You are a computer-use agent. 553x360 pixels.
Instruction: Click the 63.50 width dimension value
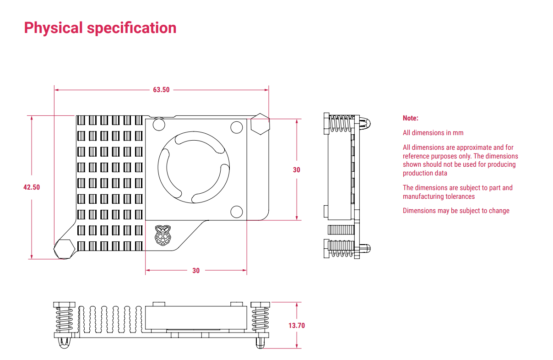click(x=161, y=90)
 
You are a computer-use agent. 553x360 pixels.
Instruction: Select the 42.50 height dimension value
click(x=32, y=187)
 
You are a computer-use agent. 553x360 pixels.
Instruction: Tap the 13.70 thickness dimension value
click(x=296, y=326)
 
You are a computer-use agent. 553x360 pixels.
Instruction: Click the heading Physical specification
click(x=100, y=28)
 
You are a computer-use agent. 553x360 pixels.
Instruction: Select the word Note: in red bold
click(x=410, y=118)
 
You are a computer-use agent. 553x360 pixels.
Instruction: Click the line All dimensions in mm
click(x=433, y=133)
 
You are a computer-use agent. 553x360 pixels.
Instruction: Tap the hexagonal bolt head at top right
click(x=260, y=123)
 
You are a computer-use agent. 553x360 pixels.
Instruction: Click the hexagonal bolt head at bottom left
click(x=64, y=249)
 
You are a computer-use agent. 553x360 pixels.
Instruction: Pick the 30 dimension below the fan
click(x=196, y=271)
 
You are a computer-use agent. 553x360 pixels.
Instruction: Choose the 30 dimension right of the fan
click(x=297, y=170)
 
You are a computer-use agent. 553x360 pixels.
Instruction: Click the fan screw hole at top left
click(x=159, y=124)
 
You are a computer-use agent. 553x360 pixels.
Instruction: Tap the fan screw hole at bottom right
click(x=236, y=211)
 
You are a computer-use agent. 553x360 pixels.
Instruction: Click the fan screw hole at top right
click(x=236, y=126)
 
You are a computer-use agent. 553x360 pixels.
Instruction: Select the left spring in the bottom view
click(x=64, y=319)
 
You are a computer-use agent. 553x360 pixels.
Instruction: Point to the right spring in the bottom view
click(x=260, y=319)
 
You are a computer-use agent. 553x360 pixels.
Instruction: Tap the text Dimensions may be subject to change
click(x=455, y=211)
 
